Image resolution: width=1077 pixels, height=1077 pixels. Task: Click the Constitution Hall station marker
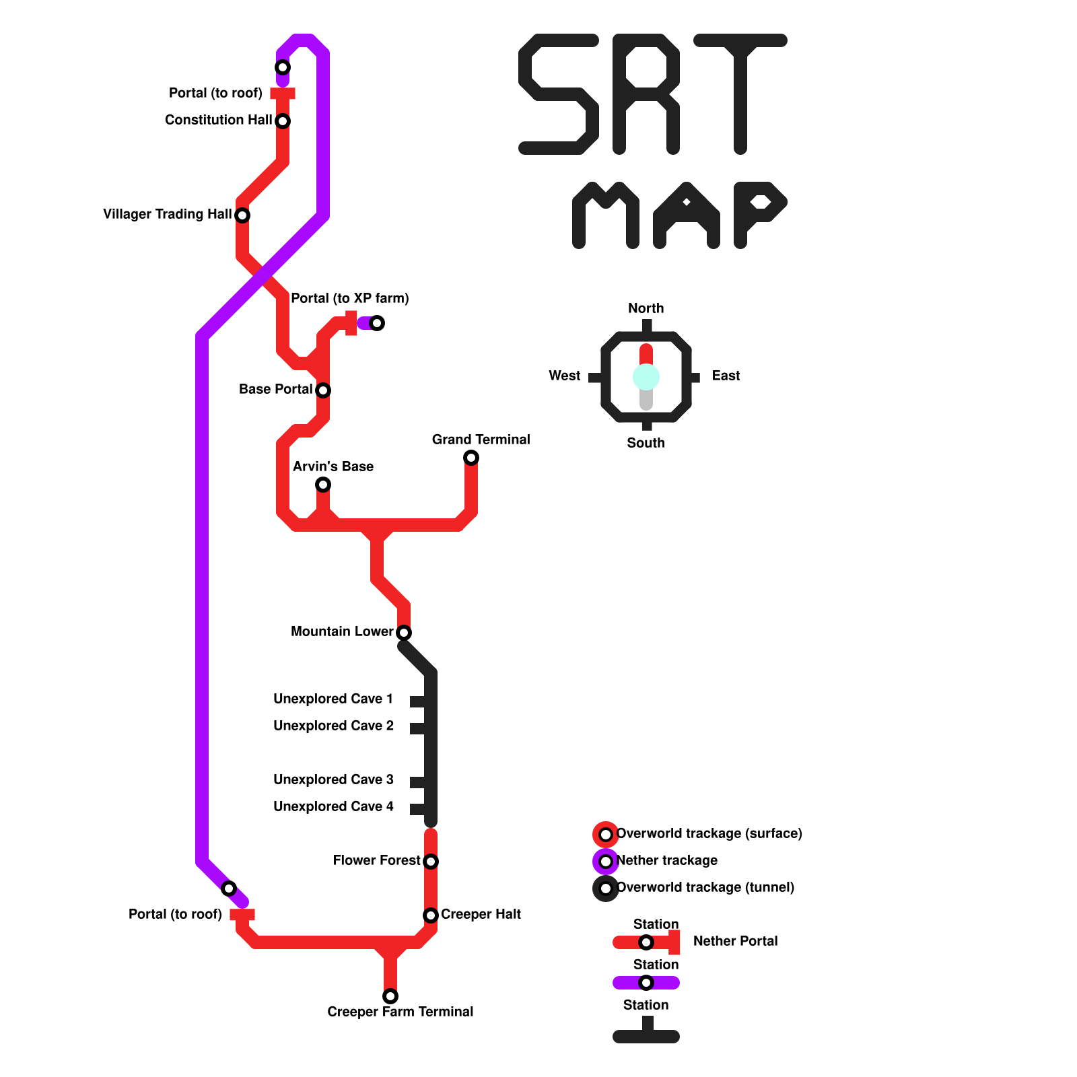283,121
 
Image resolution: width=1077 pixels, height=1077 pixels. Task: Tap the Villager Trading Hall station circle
242,215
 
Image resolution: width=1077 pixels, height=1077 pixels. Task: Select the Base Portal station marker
323,390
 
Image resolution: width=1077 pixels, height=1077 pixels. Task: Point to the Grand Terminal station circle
471,458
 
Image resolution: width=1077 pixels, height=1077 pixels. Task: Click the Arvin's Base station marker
323,485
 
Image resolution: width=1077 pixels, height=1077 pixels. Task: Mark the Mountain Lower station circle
404,633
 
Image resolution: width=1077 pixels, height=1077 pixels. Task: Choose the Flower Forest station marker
431,862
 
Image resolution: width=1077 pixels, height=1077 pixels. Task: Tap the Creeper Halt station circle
431,915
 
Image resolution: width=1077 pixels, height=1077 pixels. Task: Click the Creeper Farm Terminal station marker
390,996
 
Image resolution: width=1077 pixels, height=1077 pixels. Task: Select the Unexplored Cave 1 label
333,699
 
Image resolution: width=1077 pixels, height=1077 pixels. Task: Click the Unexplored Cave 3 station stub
417,782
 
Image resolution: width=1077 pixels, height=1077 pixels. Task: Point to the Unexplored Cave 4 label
333,806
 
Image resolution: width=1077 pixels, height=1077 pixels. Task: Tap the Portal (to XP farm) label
349,298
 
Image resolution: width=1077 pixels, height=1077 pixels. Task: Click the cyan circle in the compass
646,377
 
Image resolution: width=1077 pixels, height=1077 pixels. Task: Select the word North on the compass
646,308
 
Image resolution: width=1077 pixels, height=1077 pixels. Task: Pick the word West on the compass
564,376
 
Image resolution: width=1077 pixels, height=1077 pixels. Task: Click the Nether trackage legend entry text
666,860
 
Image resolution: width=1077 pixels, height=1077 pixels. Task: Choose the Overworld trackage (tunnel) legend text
705,887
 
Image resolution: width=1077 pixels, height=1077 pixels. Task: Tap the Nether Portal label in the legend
735,941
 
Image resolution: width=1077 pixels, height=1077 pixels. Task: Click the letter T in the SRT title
740,94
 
